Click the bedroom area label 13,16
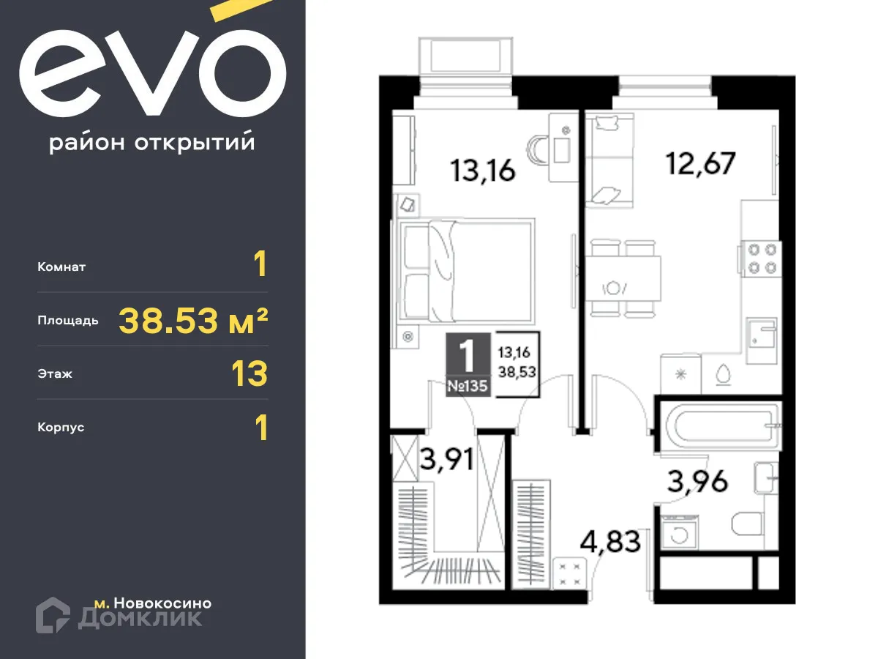point(483,170)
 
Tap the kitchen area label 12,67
point(699,163)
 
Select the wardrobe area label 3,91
point(446,461)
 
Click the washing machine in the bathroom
point(680,532)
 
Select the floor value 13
point(249,373)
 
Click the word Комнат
point(61,267)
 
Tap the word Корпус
point(61,427)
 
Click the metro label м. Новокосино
point(153,603)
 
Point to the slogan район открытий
point(151,143)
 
